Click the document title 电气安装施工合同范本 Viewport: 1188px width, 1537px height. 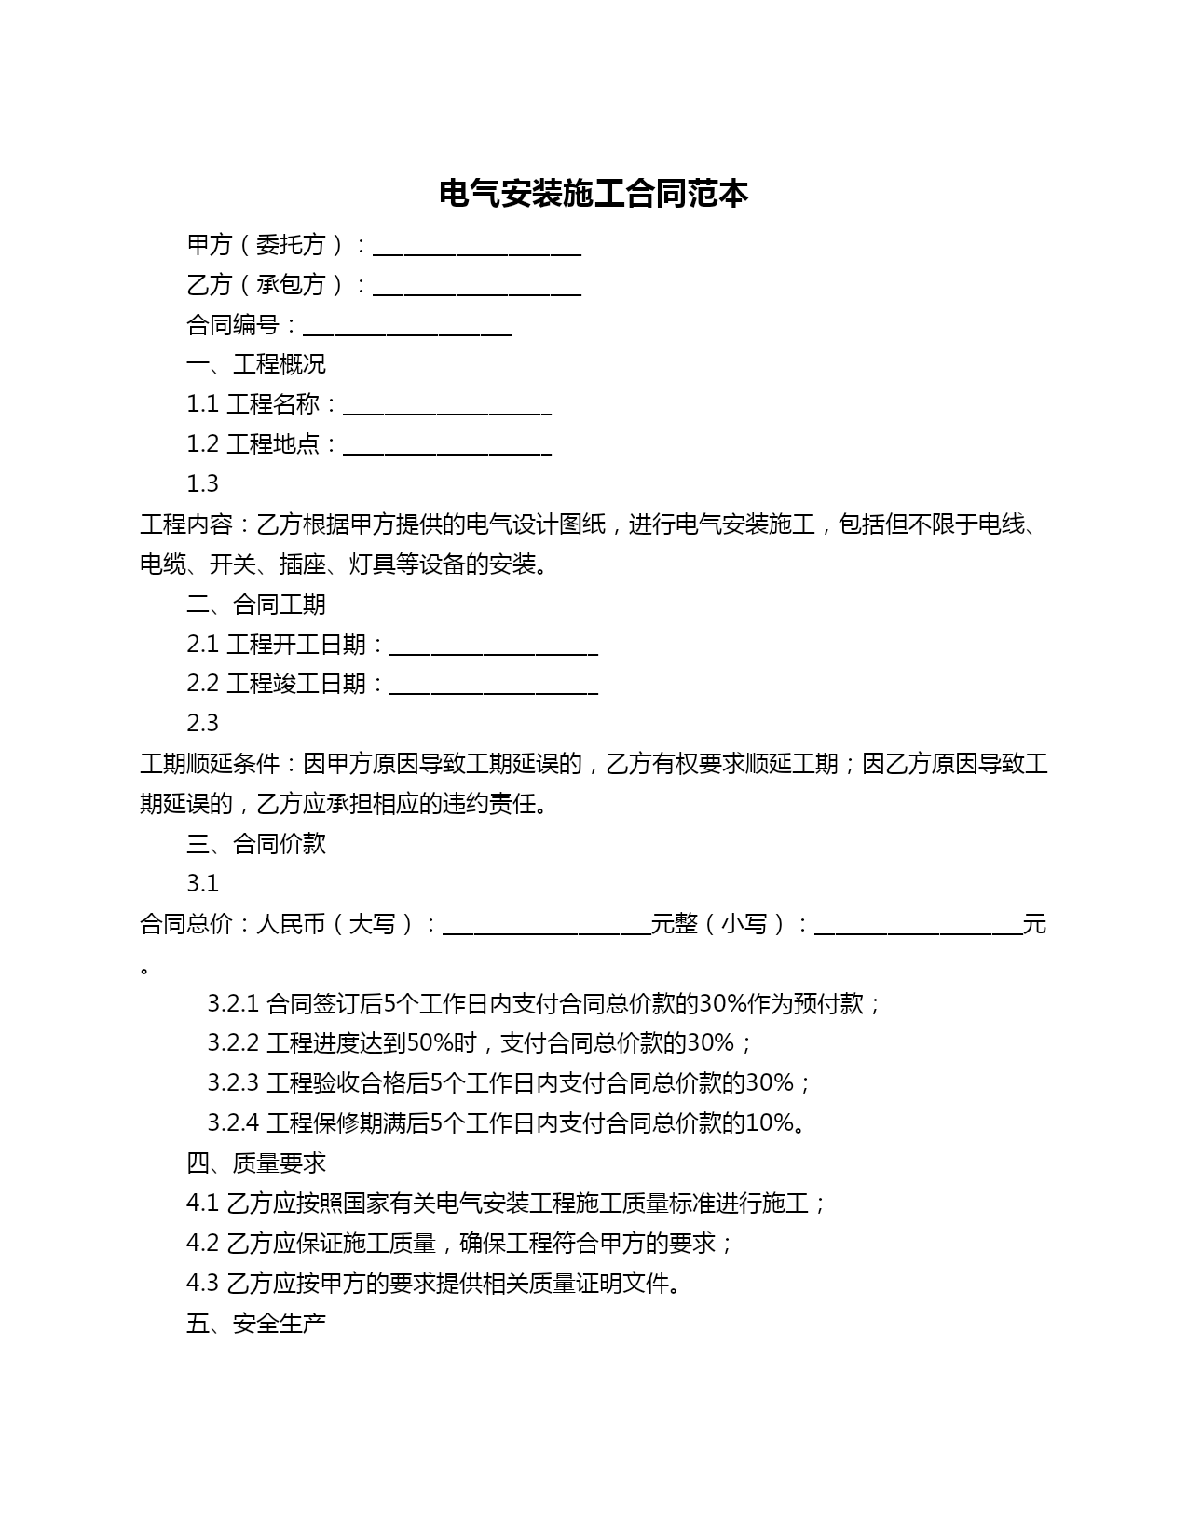[x=594, y=194]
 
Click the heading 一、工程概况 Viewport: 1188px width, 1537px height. [x=256, y=364]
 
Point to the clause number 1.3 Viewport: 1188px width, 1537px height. [x=202, y=484]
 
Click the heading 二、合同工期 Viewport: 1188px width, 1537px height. [x=256, y=605]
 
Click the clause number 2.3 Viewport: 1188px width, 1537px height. [x=202, y=724]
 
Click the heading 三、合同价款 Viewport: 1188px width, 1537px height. [x=256, y=844]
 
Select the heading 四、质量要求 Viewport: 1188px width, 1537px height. [x=256, y=1163]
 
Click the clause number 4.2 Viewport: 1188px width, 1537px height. [x=202, y=1244]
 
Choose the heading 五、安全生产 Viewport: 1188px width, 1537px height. [x=256, y=1324]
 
